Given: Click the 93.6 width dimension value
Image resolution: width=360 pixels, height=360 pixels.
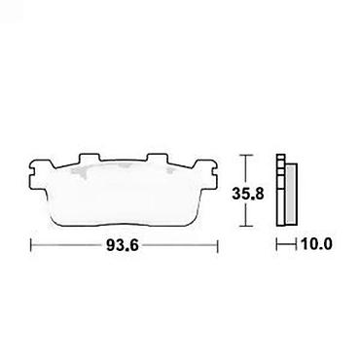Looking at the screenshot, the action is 123,245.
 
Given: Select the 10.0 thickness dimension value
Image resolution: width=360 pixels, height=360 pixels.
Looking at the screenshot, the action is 316,244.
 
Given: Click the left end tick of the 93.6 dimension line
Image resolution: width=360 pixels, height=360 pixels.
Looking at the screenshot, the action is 31,245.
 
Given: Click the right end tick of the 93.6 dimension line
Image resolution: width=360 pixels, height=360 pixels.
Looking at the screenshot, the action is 217,245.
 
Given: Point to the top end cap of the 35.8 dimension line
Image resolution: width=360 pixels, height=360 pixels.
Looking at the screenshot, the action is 247,156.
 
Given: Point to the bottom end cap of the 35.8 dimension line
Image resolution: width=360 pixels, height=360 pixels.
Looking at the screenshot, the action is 247,226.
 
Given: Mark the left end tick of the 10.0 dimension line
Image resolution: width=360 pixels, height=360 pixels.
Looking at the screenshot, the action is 276,244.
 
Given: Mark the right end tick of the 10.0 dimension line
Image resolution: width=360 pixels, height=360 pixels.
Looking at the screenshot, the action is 297,244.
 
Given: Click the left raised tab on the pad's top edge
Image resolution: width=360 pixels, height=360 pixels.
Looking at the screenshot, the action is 90,158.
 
